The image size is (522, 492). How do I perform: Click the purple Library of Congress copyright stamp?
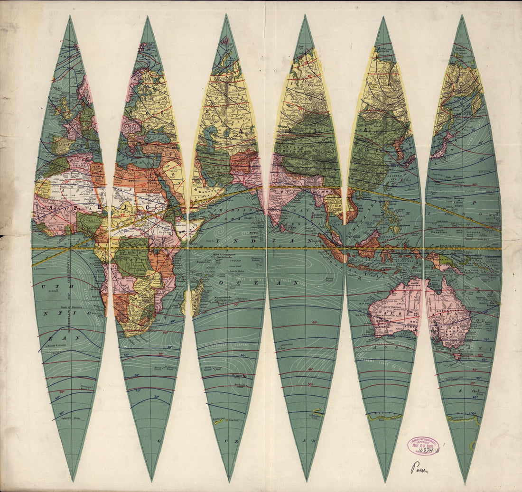coord(423,446)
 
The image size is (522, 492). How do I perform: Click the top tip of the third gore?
coord(227,15)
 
